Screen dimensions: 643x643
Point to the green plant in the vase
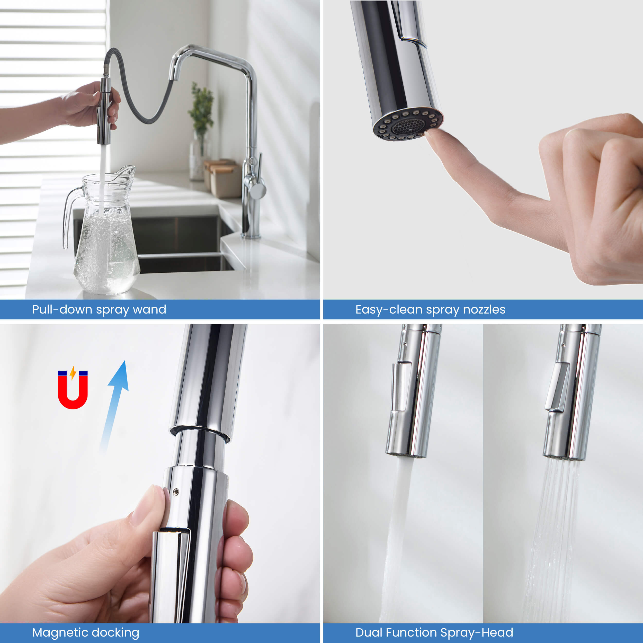[x=201, y=106]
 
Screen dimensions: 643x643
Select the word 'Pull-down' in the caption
[x=62, y=309]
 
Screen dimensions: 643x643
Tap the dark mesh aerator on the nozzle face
[x=408, y=126]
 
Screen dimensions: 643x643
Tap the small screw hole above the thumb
[x=176, y=492]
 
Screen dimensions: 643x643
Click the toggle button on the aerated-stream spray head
[x=402, y=387]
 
